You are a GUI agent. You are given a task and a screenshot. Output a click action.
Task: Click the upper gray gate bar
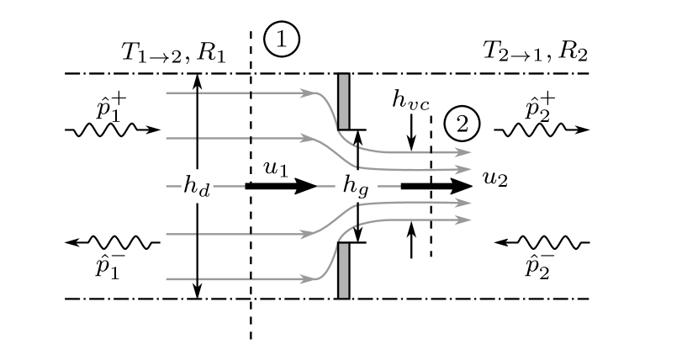pos(343,101)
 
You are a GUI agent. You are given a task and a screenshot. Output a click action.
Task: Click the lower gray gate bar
pos(343,270)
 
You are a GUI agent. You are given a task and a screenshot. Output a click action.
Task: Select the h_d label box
pos(197,186)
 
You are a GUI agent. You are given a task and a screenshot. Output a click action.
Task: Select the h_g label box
pos(357,186)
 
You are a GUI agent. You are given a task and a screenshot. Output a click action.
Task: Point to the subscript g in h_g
pos(363,191)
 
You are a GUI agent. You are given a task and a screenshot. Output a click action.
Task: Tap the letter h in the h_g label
pos(349,184)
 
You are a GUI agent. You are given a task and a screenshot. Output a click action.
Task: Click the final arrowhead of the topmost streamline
pos(463,152)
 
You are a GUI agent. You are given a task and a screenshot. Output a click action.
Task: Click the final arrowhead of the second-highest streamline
pos(463,169)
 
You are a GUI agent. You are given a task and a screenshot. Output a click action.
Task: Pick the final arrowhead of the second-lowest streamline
pos(463,203)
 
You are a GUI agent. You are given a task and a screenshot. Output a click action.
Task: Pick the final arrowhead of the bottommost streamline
pos(463,220)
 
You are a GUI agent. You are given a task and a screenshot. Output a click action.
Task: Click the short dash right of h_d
pos(229,186)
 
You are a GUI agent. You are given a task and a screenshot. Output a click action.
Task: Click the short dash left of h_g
pos(325,186)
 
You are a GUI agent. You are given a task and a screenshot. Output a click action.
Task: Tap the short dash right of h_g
pos(389,186)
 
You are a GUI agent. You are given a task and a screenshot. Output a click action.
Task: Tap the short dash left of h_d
pos(173,186)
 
